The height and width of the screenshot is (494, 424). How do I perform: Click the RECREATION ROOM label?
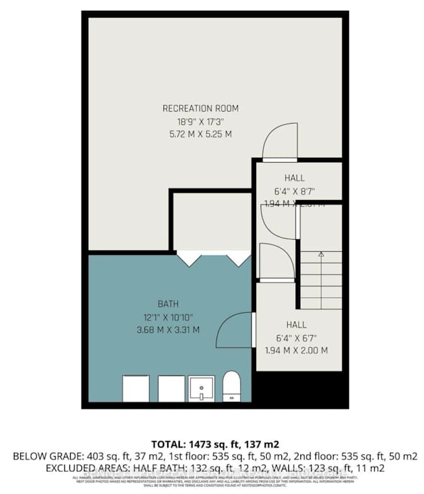click(x=201, y=109)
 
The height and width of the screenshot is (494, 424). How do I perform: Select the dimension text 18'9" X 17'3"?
click(x=201, y=121)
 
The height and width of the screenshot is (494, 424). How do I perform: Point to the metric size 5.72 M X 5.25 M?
click(x=201, y=134)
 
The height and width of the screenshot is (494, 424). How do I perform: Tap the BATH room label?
click(x=169, y=304)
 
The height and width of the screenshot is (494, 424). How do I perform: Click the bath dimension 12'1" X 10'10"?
click(x=169, y=317)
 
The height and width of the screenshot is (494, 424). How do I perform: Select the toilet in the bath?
click(x=232, y=387)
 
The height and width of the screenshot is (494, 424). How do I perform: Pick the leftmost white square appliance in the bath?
click(x=136, y=388)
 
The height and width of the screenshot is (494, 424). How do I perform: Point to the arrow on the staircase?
click(x=321, y=255)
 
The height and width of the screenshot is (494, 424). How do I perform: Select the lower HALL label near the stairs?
click(x=296, y=325)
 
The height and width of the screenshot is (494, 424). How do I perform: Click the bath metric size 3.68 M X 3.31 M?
click(x=169, y=329)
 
